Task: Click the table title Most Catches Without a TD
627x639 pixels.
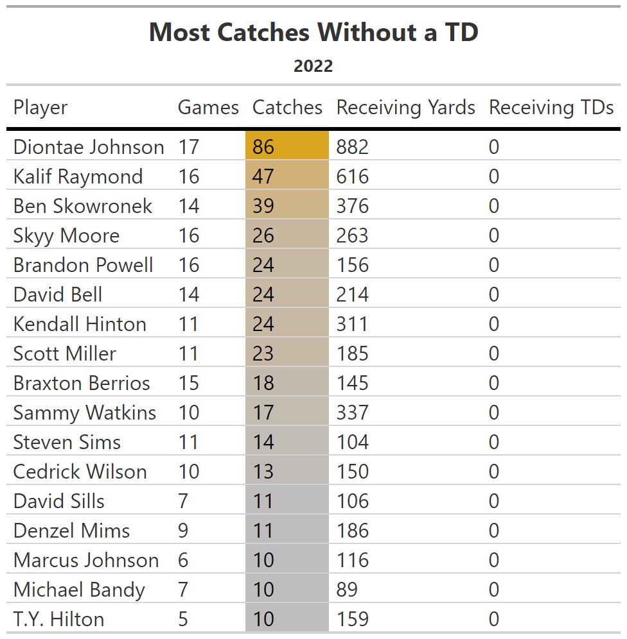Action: [313, 32]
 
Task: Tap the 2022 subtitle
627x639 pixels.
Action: [313, 65]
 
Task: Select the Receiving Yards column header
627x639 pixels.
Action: [405, 107]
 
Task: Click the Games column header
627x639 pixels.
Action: [208, 107]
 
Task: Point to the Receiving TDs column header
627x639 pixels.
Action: [551, 107]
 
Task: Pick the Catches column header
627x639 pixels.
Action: [287, 107]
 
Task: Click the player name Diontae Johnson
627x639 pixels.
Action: [89, 147]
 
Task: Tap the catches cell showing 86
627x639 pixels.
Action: [263, 147]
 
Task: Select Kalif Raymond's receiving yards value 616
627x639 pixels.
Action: [353, 176]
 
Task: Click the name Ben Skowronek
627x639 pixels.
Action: [83, 206]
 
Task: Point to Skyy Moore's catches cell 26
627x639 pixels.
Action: [263, 235]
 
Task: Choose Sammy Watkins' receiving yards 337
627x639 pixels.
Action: [353, 413]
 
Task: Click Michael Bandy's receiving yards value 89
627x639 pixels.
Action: [347, 590]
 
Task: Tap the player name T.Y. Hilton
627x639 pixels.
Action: [58, 619]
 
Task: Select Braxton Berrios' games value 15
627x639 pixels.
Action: [189, 383]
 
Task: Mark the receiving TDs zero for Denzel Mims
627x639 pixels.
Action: [493, 531]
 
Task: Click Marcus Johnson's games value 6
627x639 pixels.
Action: [183, 560]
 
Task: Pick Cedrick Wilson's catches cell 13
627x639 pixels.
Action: [263, 472]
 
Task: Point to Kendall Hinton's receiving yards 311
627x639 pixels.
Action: [352, 324]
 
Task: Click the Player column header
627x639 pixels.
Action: [40, 107]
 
